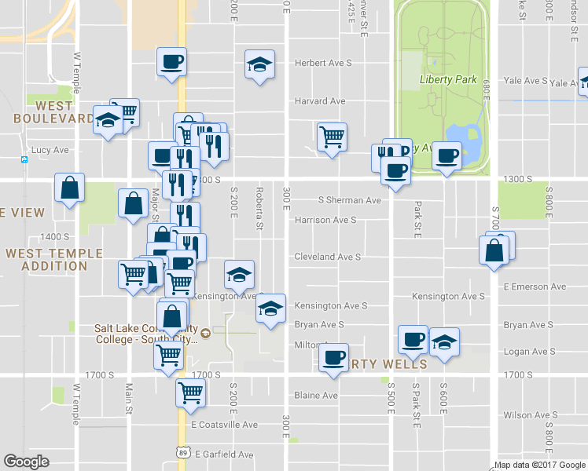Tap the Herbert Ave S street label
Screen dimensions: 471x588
[322, 63]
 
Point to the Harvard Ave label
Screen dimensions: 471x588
[320, 101]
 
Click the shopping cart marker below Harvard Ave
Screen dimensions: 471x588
[332, 137]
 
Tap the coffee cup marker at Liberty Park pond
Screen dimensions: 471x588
[447, 155]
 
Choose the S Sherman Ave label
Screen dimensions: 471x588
[349, 200]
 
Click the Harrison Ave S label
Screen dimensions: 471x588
[325, 221]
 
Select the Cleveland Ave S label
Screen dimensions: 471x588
[327, 257]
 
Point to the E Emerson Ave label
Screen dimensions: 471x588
[535, 287]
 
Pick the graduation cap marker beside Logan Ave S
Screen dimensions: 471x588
[445, 341]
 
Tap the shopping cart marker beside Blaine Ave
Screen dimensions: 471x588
[191, 392]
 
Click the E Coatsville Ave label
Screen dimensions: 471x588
[225, 425]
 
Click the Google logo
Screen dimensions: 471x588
[26, 462]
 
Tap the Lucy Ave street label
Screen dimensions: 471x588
[50, 150]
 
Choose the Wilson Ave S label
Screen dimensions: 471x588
[530, 414]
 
